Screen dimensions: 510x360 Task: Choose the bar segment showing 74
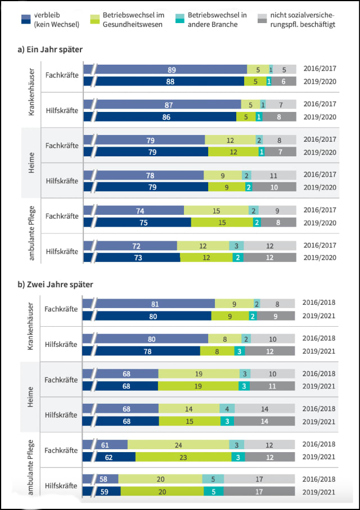(x=140, y=210)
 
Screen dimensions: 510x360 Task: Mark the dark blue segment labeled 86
(x=166, y=116)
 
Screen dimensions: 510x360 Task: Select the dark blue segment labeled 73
(x=138, y=257)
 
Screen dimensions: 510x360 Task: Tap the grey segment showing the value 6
(x=283, y=81)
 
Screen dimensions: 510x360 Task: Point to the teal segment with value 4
(x=227, y=409)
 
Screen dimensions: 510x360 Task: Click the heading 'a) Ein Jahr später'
(x=51, y=49)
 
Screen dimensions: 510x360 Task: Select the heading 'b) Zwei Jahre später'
(x=55, y=285)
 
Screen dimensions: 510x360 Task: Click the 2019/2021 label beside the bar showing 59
(x=319, y=491)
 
